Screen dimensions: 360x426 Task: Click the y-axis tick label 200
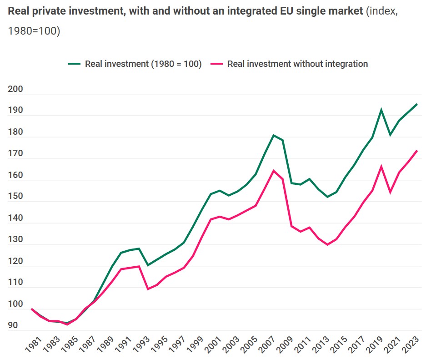(15, 89)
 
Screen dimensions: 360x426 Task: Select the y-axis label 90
(13, 325)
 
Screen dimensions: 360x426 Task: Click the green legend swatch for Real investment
(74, 64)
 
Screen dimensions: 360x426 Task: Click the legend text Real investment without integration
(297, 64)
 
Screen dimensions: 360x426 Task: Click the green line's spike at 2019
(381, 110)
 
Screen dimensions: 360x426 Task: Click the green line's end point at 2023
(417, 104)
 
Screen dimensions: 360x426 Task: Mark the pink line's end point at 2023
(417, 151)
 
